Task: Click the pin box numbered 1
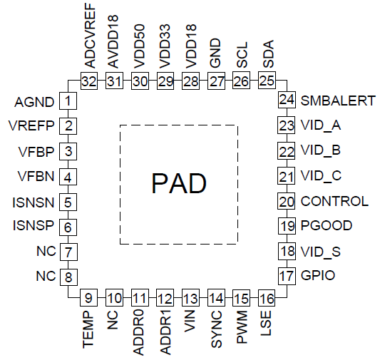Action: point(68,101)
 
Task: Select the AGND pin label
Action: point(34,102)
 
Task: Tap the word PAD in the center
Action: point(179,183)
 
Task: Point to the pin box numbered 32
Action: point(89,81)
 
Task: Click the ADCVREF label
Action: point(90,36)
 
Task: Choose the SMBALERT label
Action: point(338,101)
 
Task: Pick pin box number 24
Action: point(287,100)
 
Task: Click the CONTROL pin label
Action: point(334,201)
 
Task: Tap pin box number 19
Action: point(287,226)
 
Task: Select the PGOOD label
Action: point(327,225)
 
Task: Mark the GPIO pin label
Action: point(318,275)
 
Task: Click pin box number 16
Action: point(267,298)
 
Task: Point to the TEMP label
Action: point(88,330)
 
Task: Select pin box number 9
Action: point(88,297)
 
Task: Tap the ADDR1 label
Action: point(165,333)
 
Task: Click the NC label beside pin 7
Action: point(46,251)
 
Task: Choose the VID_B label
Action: point(321,150)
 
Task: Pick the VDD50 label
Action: point(139,46)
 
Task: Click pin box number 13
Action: point(191,298)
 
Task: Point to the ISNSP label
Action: point(34,225)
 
